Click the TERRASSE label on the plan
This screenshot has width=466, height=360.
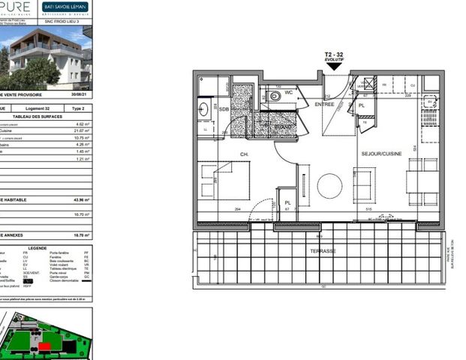point(320,250)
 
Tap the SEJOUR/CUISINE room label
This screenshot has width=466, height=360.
point(381,153)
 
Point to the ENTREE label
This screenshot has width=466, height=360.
point(324,104)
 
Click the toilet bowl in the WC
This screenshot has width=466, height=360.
point(275,97)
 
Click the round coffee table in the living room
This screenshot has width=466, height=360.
point(329,185)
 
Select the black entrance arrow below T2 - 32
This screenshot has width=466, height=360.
point(334,66)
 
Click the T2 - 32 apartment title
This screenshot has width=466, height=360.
point(334,55)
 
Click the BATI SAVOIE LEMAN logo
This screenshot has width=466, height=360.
point(65,7)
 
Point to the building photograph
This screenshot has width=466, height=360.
point(47,59)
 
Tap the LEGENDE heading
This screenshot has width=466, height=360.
point(37,247)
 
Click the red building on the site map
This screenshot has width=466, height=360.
point(47,346)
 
